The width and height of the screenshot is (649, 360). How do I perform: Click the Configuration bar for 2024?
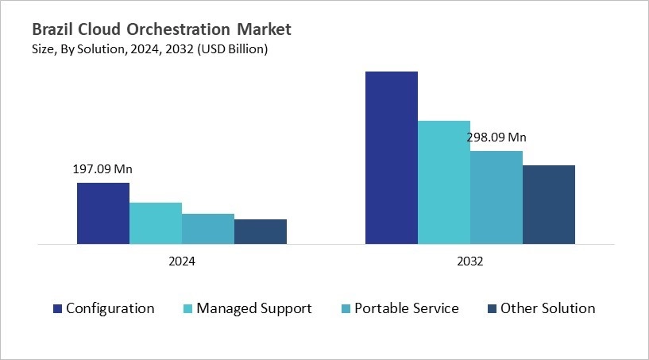[102, 213]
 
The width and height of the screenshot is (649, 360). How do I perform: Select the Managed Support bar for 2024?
[155, 223]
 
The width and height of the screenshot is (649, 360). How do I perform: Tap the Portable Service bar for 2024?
[207, 228]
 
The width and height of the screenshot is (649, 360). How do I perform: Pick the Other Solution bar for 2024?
[260, 231]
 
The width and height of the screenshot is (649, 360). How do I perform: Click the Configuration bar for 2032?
[391, 157]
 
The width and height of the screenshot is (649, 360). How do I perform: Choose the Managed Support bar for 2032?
[443, 182]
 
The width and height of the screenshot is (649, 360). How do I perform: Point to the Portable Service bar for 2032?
[496, 197]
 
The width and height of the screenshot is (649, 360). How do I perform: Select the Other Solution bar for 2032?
[548, 204]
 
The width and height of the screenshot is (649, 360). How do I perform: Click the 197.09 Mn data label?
[102, 168]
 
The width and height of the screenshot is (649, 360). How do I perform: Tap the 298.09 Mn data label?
[496, 137]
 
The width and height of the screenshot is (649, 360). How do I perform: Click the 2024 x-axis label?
[181, 261]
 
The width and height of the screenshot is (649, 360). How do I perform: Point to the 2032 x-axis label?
[469, 261]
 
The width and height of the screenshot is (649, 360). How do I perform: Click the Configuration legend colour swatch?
[57, 308]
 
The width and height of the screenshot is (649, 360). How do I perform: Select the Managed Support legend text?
[254, 308]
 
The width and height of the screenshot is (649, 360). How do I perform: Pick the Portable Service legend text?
[407, 308]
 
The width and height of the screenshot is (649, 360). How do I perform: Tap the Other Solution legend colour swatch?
[492, 308]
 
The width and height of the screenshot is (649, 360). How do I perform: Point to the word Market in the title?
[266, 30]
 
